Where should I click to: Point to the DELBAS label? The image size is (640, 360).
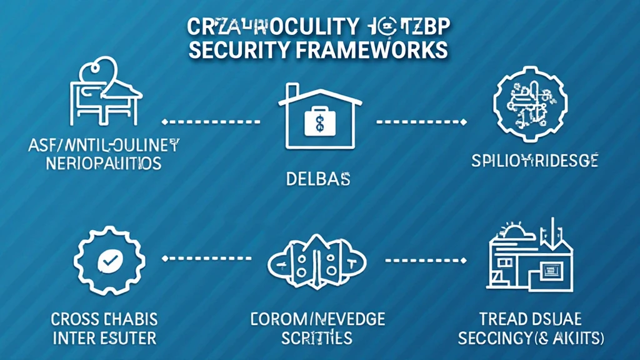click(318, 179)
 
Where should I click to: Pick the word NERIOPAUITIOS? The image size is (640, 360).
click(104, 164)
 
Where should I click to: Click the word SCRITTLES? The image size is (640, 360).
click(317, 339)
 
